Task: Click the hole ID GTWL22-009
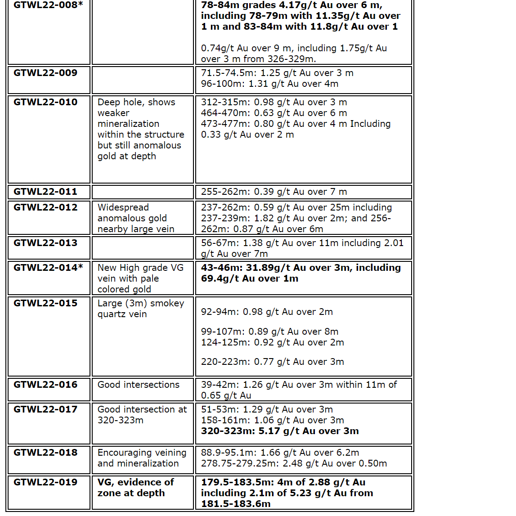coord(45,73)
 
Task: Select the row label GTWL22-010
coord(45,102)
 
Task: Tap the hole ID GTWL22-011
coord(45,192)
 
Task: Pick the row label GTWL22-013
coord(45,243)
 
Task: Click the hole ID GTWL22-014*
coord(48,268)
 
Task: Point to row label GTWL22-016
coord(45,385)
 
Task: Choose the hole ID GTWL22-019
coord(45,482)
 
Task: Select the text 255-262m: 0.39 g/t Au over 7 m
coord(274,192)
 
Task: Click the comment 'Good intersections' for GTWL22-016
coord(139,385)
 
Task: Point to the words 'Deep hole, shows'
coord(136,102)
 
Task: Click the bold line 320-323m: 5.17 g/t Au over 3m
coord(280,431)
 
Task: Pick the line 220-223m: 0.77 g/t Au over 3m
coord(272,362)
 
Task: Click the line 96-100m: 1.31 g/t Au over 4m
coord(269,84)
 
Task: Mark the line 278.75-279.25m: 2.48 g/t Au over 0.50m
coord(294,463)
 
